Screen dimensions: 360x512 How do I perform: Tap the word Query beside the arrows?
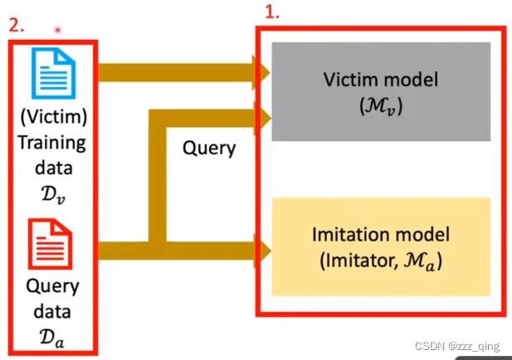(209, 148)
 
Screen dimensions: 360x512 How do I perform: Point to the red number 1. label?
(271, 13)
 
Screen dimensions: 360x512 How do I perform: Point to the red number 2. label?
(17, 25)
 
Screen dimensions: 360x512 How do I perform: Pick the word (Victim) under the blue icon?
(52, 117)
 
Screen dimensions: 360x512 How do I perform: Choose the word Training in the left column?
(52, 143)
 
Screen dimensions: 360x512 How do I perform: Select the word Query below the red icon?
(52, 287)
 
